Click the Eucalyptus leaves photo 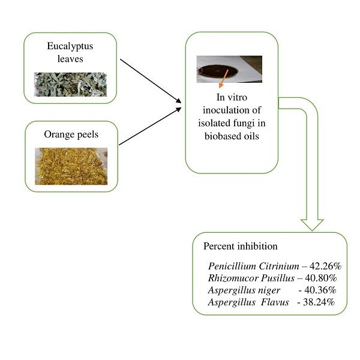[x=71, y=85]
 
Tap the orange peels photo [x=71, y=166]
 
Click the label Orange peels [x=71, y=134]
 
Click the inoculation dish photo [x=229, y=69]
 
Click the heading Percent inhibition [x=240, y=246]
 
